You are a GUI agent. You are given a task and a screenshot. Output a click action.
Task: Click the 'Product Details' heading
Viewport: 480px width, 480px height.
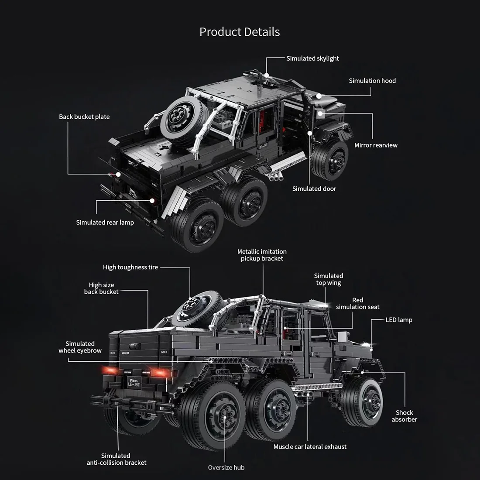[x=240, y=32]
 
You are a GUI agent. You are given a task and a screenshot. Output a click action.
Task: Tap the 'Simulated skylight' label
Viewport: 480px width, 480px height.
[x=312, y=58]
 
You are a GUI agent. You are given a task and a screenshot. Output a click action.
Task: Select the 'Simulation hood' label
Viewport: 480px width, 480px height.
[x=372, y=81]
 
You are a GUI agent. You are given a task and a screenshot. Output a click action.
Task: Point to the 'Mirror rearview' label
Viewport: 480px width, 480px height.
[x=376, y=145]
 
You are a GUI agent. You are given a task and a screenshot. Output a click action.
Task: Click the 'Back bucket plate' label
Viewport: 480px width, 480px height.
[x=84, y=117]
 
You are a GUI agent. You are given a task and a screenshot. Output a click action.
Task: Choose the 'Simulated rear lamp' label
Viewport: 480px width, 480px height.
[x=105, y=223]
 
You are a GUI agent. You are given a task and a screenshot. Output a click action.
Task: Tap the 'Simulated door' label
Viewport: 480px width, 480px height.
[x=314, y=189]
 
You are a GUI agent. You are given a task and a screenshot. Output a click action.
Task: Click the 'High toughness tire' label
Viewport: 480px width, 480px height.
[x=130, y=267]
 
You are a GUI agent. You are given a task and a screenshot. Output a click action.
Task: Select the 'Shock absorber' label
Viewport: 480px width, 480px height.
[x=404, y=416]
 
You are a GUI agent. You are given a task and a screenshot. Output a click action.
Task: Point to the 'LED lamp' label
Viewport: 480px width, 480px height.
[x=399, y=320]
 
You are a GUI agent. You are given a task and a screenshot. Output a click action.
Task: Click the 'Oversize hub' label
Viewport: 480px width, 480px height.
[x=226, y=468]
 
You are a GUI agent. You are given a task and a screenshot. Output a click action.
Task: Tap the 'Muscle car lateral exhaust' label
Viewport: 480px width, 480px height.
[x=310, y=447]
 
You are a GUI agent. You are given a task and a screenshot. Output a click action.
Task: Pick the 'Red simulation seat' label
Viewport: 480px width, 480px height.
[x=357, y=303]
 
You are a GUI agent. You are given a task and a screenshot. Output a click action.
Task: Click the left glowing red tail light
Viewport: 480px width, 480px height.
[x=109, y=371]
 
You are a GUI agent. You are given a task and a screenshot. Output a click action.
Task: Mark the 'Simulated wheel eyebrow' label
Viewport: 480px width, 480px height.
[x=80, y=347]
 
